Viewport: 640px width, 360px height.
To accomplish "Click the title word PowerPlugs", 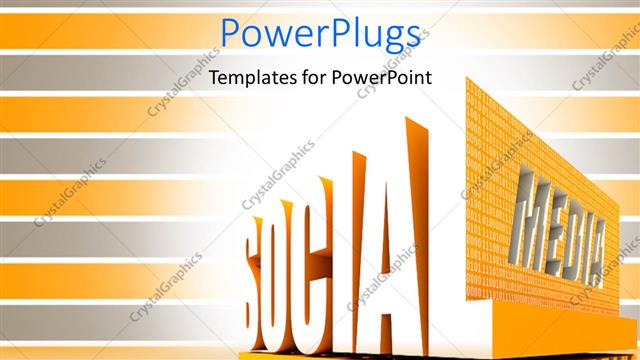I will click(x=319, y=36).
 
